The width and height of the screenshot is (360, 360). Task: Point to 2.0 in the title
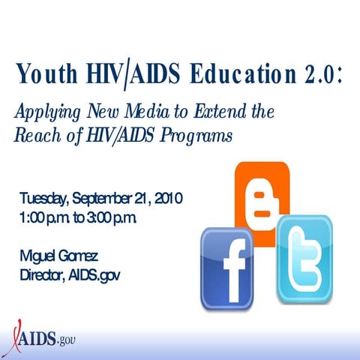(x=319, y=76)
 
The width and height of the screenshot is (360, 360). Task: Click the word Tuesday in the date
(x=44, y=199)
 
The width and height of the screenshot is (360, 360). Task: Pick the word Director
(x=42, y=275)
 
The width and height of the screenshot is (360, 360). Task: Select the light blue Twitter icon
(x=304, y=259)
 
